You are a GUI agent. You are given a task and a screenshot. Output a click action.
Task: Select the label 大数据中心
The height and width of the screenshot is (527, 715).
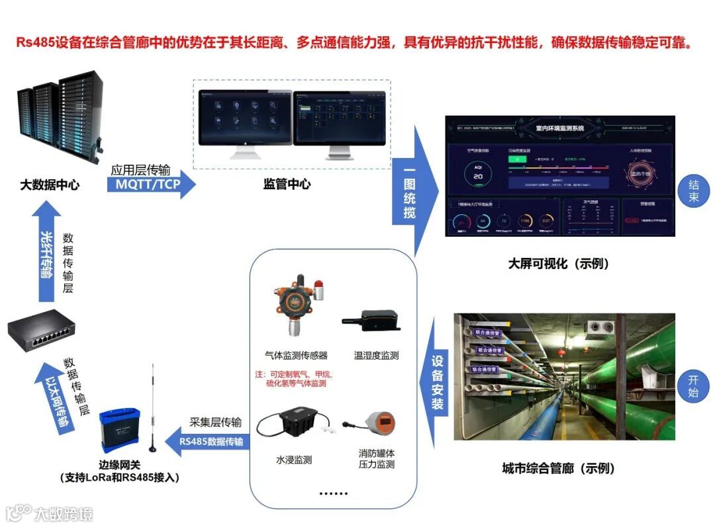[49, 185]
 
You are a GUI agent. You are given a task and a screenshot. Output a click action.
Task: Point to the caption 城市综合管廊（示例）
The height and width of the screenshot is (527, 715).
[558, 469]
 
